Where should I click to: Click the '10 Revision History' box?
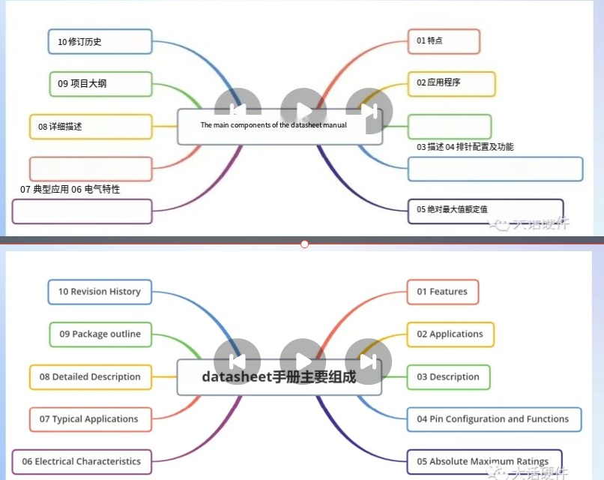pos(100,292)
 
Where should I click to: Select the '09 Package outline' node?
pos(100,334)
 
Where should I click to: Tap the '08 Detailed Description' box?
pos(91,376)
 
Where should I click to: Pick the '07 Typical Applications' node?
pos(90,419)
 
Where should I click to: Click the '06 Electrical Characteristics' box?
pos(82,461)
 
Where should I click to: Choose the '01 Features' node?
pos(442,292)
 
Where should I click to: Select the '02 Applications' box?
pos(450,334)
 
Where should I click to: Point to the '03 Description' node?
pos(448,376)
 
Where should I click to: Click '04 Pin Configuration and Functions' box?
pos(494,419)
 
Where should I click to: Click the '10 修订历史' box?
pos(100,41)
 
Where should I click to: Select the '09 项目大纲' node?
pos(100,83)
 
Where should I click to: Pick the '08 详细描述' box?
pos(91,127)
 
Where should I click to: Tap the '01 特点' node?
pos(443,40)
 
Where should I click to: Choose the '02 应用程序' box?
pos(451,83)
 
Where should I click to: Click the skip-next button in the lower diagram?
pos(368,361)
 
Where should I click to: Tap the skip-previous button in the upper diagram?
pos(238,111)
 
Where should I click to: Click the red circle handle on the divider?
pos(304,244)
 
